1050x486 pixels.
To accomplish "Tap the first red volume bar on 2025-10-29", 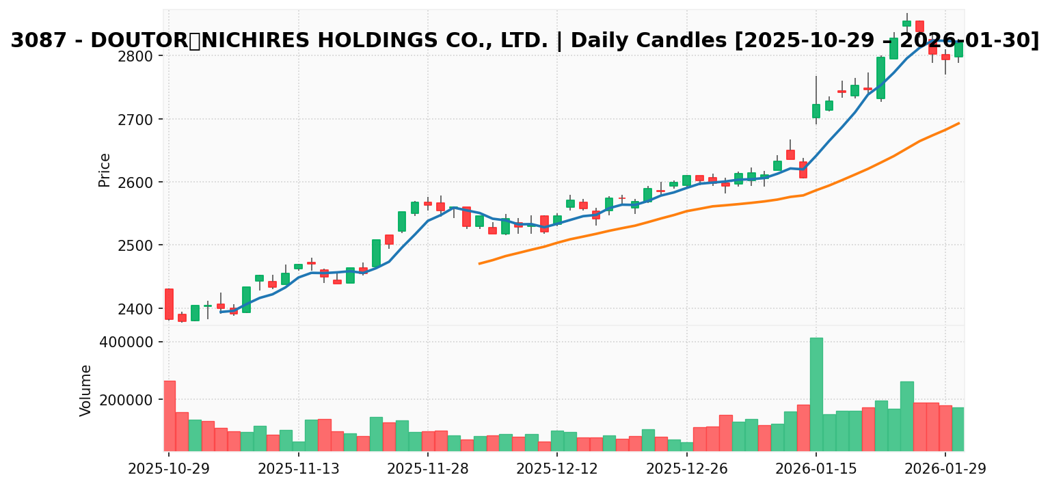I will tap(169, 416).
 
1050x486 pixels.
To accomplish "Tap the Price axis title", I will tap(105, 170).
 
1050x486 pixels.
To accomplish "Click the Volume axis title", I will tap(86, 390).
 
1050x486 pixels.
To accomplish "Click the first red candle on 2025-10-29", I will tap(169, 303).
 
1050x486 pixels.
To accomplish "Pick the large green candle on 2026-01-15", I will tap(816, 111).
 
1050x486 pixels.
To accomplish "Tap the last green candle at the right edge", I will tap(958, 49).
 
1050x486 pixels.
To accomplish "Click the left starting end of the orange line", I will tap(479, 263).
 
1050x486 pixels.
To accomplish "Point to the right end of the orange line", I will tap(959, 123).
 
